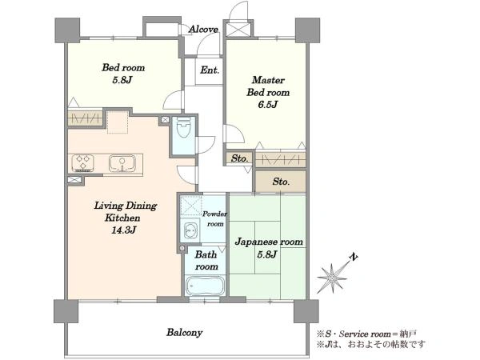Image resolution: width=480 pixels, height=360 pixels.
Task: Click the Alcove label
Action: (203, 30)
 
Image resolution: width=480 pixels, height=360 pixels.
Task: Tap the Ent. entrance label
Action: (210, 70)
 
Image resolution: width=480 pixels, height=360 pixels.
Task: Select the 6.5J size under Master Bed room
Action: (267, 105)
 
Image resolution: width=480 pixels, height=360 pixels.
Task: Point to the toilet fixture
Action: (184, 128)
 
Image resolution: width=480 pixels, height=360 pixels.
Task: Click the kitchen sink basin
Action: (122, 163)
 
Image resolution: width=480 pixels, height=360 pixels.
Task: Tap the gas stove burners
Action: (83, 162)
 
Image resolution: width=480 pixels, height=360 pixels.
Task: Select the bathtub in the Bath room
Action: (205, 286)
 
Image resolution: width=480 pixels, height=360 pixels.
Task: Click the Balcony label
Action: (185, 333)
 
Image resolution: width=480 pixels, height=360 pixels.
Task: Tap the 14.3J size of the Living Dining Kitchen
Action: (123, 230)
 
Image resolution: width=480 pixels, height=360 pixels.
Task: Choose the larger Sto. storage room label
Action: (281, 182)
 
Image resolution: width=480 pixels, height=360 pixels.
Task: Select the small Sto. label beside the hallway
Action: (239, 158)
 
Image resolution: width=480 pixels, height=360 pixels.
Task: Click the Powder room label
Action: (215, 218)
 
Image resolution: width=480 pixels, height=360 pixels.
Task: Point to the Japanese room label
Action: (269, 242)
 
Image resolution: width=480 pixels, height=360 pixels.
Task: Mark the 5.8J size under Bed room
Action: (122, 80)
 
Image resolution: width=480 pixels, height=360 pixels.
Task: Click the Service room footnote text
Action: (367, 334)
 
